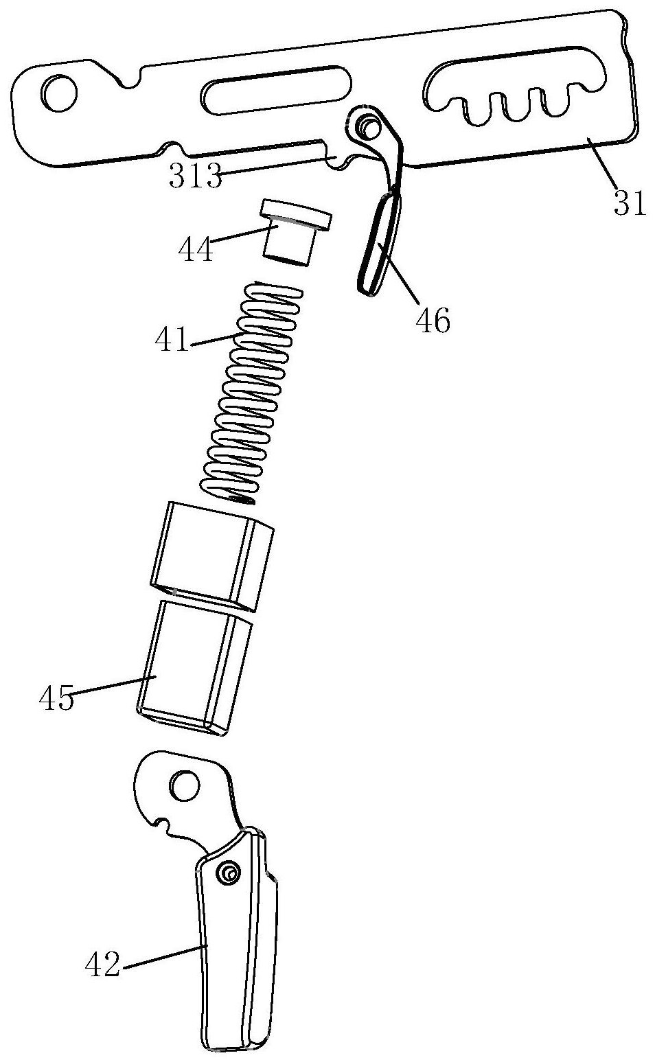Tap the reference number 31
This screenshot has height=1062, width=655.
[x=630, y=203]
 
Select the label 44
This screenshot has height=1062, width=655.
[x=196, y=250]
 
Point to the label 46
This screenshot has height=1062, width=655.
[x=433, y=321]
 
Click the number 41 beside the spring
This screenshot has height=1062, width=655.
[x=171, y=339]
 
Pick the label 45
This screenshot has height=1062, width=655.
[x=57, y=698]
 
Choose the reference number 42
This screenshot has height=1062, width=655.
[x=102, y=964]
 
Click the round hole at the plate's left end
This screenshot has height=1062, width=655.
[x=59, y=93]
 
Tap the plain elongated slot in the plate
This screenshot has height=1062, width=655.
[x=277, y=90]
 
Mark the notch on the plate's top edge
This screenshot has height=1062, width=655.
[x=130, y=78]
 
